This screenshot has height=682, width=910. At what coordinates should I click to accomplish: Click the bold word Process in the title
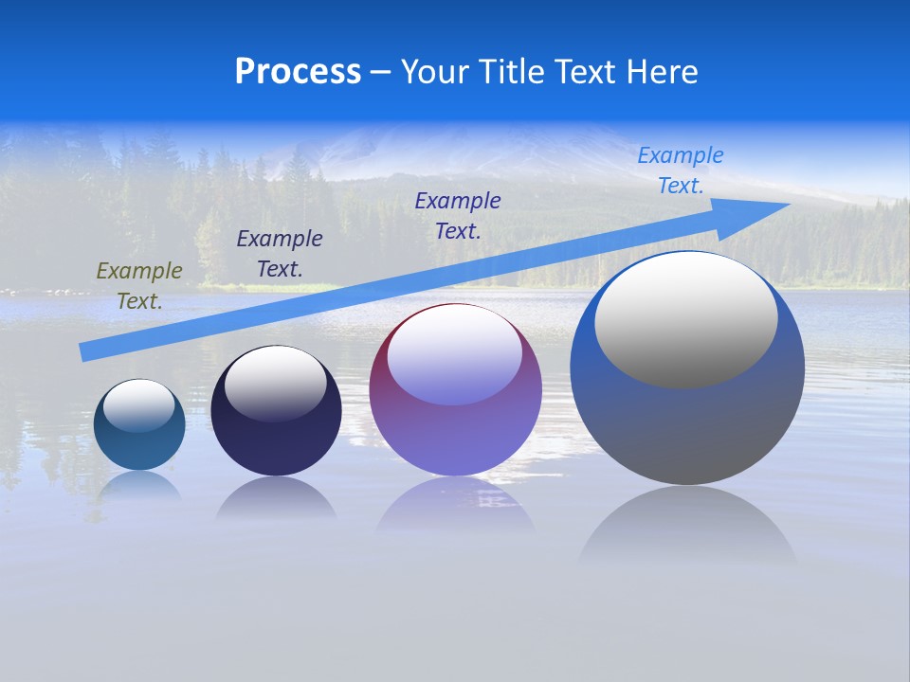click(x=298, y=72)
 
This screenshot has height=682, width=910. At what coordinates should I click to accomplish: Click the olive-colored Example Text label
click(x=139, y=286)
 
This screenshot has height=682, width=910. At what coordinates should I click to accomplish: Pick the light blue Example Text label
click(x=680, y=170)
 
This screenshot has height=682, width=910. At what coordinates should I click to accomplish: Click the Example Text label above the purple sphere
click(x=458, y=215)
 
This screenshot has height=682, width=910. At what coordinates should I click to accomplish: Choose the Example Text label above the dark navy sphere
click(x=280, y=253)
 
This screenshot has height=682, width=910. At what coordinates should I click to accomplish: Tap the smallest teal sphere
click(x=139, y=445)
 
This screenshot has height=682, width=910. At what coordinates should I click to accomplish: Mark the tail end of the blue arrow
click(x=85, y=352)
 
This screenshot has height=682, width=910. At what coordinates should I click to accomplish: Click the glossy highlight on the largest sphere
click(x=685, y=320)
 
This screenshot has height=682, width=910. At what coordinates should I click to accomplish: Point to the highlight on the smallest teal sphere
click(x=139, y=405)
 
